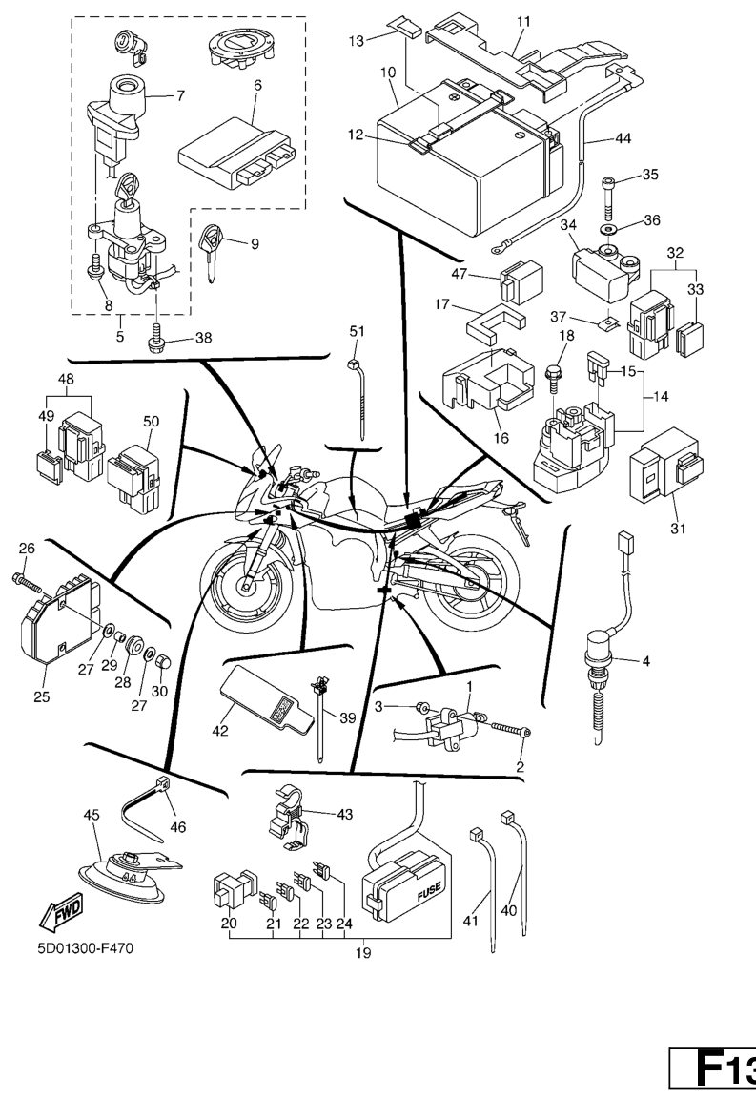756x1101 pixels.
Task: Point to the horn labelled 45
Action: [x=125, y=879]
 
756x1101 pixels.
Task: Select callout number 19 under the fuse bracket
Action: [x=362, y=953]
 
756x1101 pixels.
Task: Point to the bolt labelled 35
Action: [x=609, y=198]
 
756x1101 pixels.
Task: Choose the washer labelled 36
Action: [x=607, y=230]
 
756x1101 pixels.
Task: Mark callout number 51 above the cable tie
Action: [x=357, y=331]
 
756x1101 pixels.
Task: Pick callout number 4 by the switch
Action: [x=646, y=660]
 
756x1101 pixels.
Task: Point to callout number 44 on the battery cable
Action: [x=622, y=137]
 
